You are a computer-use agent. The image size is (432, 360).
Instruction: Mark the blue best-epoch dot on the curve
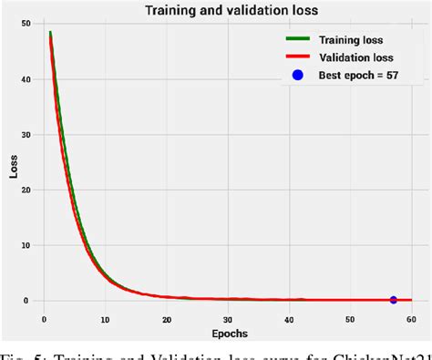point(394,300)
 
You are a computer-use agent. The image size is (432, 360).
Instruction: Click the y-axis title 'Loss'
point(12,169)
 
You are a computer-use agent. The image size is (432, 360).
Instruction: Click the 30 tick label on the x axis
point(227,319)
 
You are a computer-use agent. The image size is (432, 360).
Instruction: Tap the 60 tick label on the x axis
point(411,319)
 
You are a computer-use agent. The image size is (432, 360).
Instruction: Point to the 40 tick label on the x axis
point(289,319)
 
